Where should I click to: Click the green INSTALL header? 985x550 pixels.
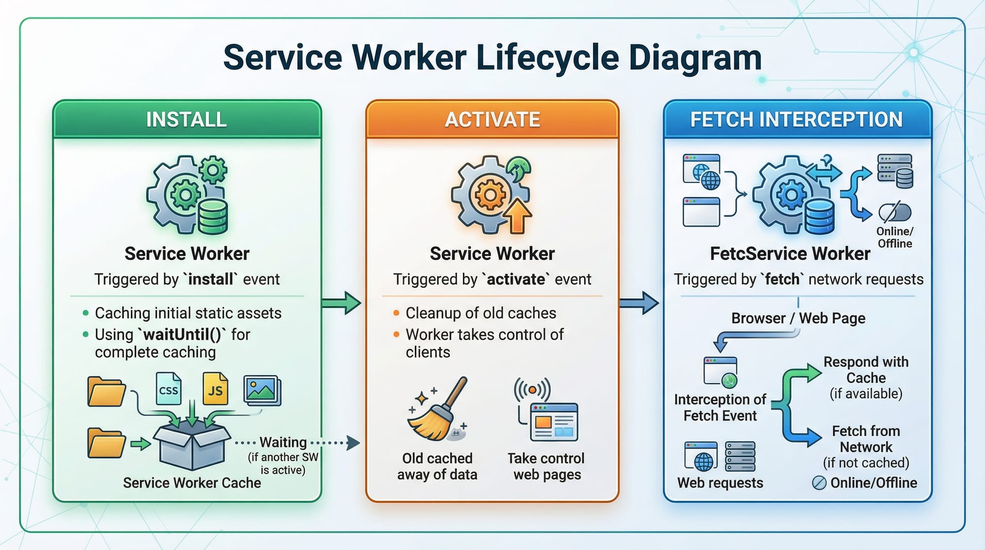click(x=187, y=120)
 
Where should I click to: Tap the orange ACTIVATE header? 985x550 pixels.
click(x=492, y=120)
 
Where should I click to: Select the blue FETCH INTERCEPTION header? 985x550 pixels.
click(x=796, y=120)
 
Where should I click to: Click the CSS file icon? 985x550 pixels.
click(x=168, y=389)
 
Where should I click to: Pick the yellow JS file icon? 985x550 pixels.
click(x=215, y=389)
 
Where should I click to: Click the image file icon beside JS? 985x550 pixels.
click(x=262, y=390)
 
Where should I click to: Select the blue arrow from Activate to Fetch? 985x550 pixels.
click(x=639, y=303)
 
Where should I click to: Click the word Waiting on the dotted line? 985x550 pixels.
click(x=283, y=442)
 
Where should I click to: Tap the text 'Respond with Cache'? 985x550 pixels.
click(x=866, y=370)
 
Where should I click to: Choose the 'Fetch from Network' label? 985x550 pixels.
click(x=866, y=439)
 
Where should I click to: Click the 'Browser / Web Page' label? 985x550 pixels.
click(x=798, y=318)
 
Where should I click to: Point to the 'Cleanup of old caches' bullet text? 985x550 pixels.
click(x=481, y=313)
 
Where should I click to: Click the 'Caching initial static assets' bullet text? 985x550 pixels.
click(x=188, y=313)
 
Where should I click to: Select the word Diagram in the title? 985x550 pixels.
click(x=695, y=58)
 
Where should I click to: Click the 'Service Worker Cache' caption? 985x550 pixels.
click(x=192, y=482)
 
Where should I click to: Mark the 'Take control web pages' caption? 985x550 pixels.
click(x=546, y=466)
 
